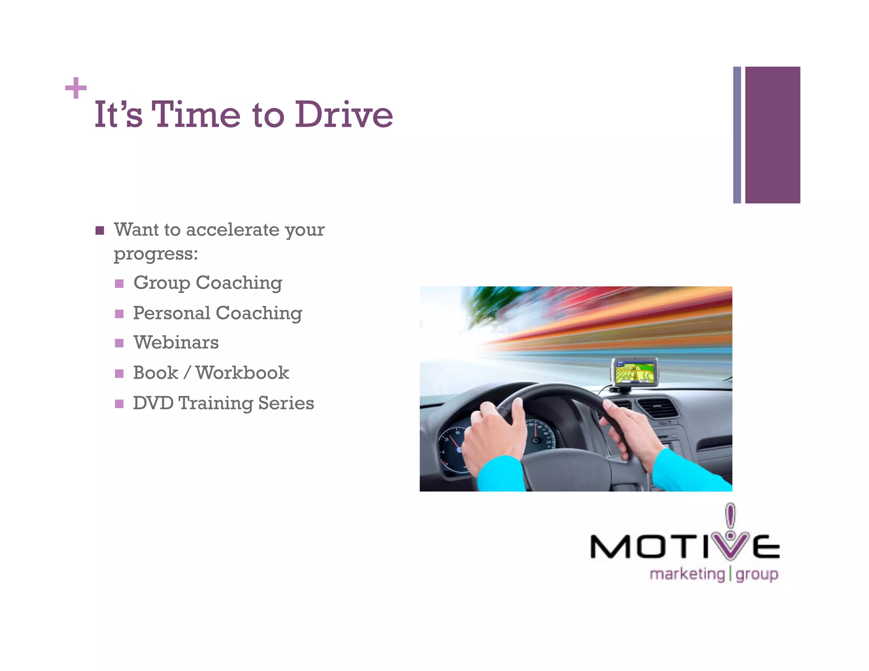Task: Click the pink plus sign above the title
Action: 76,88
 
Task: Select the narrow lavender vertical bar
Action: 737,135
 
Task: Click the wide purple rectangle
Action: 772,135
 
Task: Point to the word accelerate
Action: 233,230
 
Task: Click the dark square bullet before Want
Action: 100,230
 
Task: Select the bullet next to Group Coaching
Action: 119,283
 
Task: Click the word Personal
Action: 171,313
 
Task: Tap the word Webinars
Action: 176,343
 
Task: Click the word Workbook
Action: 242,373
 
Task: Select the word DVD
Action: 153,403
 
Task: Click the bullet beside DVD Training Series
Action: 119,403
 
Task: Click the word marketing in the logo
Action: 687,574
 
